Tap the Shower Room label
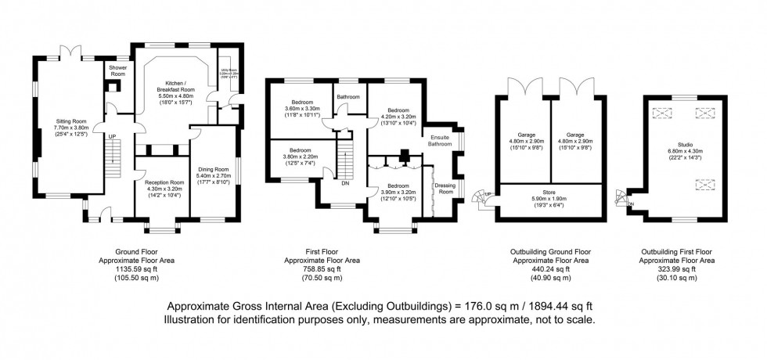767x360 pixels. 118,71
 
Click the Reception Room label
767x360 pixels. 163,182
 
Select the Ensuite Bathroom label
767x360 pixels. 440,141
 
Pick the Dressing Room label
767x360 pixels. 445,188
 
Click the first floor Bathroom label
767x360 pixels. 348,97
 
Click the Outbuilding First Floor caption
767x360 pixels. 678,250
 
